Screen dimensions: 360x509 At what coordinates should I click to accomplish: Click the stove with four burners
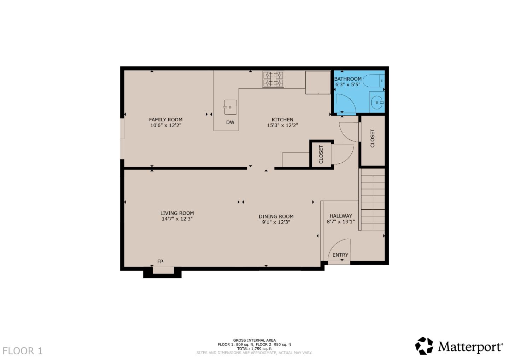273,79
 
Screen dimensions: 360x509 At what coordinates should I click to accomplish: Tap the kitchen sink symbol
230,107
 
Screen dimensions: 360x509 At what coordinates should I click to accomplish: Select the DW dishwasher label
230,123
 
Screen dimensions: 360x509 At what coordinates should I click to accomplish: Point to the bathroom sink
377,103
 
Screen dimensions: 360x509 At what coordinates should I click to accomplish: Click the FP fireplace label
160,261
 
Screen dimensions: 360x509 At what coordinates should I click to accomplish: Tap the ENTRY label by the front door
340,255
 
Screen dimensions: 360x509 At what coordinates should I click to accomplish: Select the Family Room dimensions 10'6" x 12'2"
165,125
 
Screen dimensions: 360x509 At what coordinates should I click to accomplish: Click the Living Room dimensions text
177,219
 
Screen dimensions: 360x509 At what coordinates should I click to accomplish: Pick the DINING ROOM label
276,216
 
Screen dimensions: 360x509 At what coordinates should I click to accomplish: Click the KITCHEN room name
282,120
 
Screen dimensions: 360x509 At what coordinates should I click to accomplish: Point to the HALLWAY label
340,216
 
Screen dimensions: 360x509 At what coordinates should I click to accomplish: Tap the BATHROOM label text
348,79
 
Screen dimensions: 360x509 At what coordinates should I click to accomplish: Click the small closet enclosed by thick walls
321,154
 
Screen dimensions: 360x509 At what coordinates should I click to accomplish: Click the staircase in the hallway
373,200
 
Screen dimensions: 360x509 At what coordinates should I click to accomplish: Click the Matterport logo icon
424,346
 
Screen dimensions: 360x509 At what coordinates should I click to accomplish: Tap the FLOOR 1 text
23,351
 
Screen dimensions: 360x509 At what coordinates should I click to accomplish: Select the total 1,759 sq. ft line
254,349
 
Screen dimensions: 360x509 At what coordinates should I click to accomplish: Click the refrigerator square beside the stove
318,82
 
